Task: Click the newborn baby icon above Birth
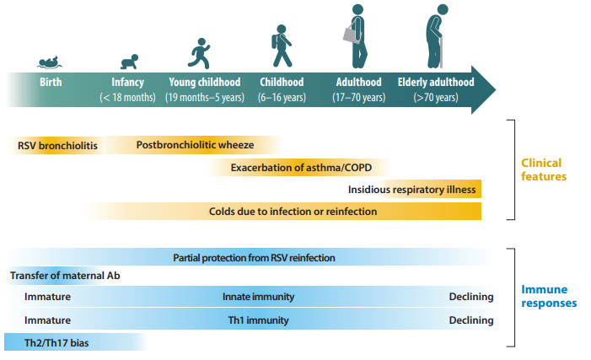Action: point(51,62)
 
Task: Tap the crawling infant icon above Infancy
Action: point(129,62)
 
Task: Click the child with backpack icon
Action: point(282,46)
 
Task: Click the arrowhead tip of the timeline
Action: point(494,91)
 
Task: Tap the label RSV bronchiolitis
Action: point(57,146)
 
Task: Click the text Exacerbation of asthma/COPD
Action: point(301,168)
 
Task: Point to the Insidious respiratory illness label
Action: point(412,190)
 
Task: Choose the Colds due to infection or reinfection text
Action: point(293,211)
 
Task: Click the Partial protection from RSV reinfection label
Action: point(254,257)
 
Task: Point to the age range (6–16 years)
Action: point(283,98)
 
